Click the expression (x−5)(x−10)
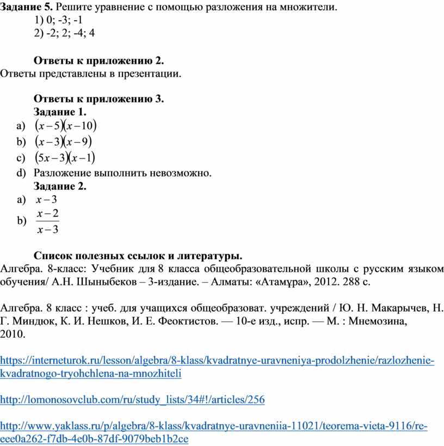65,126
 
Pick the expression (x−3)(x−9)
63,142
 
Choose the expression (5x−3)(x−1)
64,158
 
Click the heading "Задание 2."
60,186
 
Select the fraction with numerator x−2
48,221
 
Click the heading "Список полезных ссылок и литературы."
138,255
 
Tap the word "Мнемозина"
374,322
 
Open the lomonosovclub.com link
132,400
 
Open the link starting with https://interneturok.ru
218,361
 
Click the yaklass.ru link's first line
214,426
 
